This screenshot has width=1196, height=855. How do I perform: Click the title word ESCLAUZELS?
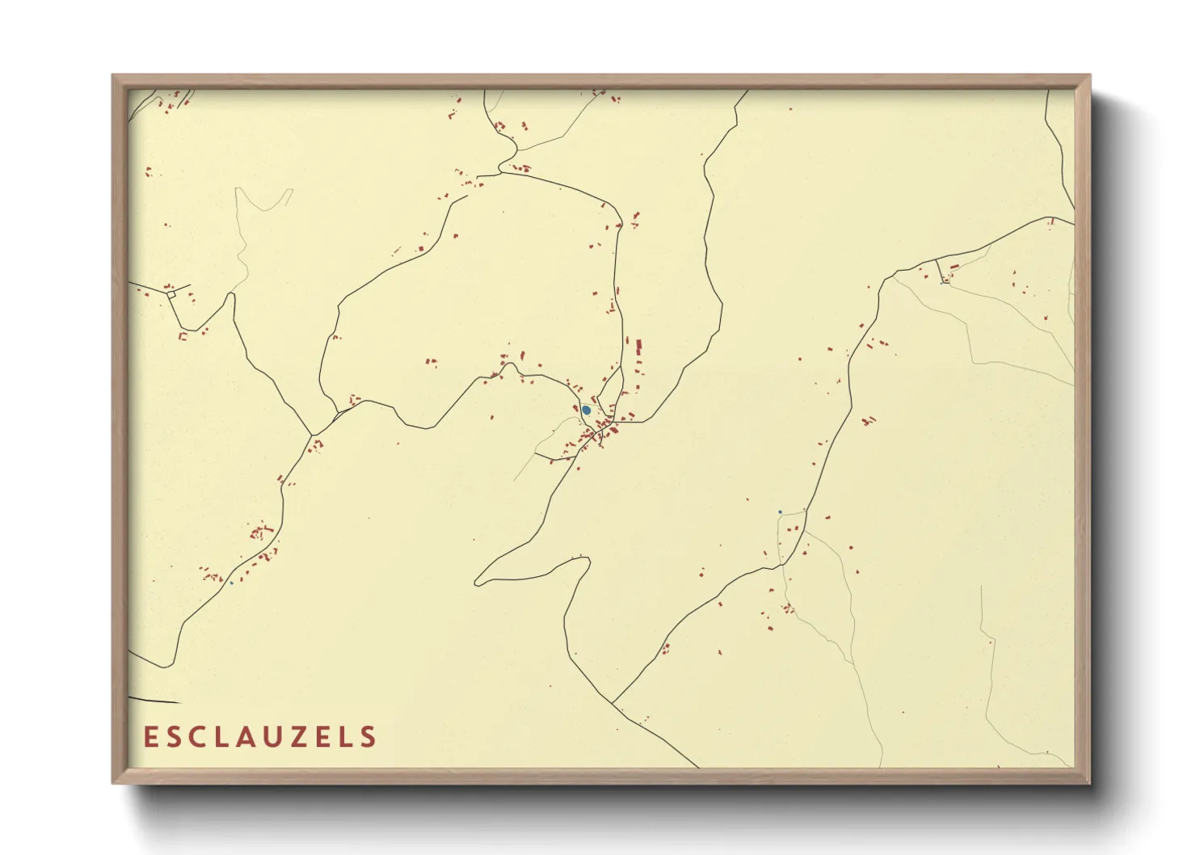tap(259, 737)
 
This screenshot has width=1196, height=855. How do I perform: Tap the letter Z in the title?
tap(293, 737)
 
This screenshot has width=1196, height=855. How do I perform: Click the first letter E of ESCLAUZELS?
tap(149, 737)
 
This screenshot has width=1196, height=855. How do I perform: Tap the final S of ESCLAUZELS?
tap(368, 737)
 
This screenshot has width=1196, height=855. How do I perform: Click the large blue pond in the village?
tap(586, 411)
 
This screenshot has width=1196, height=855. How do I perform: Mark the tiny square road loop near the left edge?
tap(171, 295)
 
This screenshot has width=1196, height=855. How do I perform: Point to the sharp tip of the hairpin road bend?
tap(477, 581)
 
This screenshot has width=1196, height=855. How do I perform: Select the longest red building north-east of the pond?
tap(639, 349)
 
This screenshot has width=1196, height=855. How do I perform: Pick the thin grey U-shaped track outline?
tap(263, 200)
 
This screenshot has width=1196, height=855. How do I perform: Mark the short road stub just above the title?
tap(154, 699)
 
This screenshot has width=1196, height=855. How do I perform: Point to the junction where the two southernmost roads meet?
tap(612, 704)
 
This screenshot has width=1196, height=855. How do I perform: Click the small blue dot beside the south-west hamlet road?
tap(231, 583)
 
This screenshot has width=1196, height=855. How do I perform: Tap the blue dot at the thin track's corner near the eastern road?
tap(779, 512)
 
